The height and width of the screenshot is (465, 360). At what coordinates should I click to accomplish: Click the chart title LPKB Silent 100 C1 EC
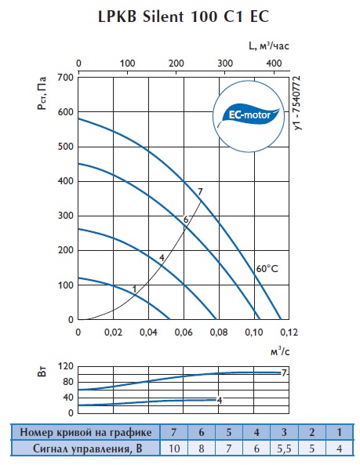(x=184, y=16)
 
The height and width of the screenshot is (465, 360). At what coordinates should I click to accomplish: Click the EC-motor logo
(x=249, y=116)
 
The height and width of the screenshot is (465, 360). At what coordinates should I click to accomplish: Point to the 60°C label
(x=267, y=269)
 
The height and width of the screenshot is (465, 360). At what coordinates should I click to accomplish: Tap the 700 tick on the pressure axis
(x=67, y=78)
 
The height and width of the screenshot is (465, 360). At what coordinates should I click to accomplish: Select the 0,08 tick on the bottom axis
(x=219, y=332)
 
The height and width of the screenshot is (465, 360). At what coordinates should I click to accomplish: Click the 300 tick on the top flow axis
(x=225, y=64)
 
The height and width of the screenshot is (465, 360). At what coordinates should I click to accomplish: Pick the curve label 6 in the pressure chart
(x=186, y=220)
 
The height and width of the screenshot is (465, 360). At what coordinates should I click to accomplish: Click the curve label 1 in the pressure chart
(x=134, y=289)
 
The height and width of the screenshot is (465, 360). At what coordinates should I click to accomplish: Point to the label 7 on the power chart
(x=284, y=372)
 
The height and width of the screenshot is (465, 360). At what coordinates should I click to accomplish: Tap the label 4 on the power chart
(x=220, y=401)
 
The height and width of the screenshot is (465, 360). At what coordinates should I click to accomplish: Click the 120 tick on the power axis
(x=66, y=366)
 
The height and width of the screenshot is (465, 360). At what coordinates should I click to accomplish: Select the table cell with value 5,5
(x=284, y=449)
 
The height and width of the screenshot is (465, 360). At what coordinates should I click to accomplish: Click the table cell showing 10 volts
(x=174, y=449)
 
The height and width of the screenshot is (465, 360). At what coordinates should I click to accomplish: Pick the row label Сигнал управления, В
(x=88, y=449)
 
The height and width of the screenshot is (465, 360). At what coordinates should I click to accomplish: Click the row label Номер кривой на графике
(x=85, y=432)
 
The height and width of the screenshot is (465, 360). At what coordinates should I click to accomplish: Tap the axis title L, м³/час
(x=268, y=45)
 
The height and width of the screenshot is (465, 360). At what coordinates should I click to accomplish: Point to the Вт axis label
(x=42, y=371)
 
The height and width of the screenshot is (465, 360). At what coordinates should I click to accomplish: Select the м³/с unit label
(x=280, y=351)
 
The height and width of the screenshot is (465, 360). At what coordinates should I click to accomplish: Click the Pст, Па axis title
(x=42, y=93)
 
